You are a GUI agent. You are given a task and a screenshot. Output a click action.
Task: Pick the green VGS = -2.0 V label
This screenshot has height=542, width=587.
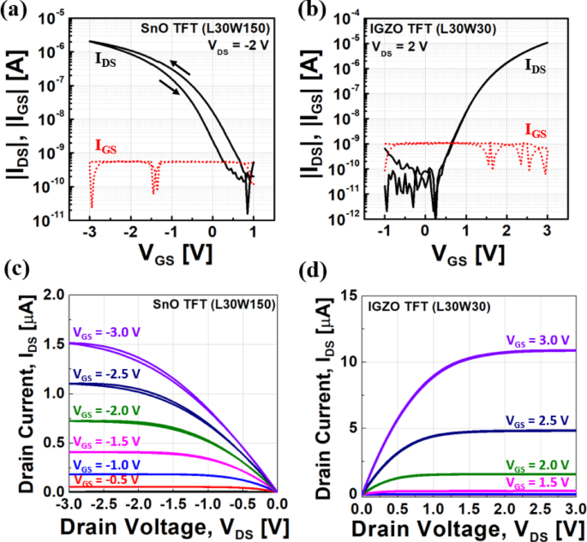click(x=104, y=409)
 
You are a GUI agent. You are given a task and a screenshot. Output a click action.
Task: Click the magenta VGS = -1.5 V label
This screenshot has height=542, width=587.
click(x=104, y=441)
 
